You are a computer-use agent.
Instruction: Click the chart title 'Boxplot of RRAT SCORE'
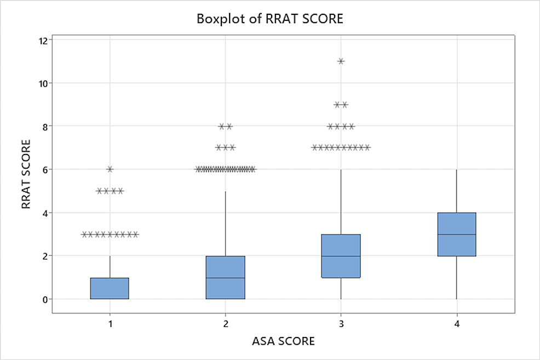point(269,19)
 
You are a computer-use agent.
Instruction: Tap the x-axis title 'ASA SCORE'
point(283,341)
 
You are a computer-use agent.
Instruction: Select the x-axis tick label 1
point(110,324)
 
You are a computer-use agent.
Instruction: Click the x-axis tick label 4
point(456,324)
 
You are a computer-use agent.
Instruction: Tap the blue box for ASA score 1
point(110,288)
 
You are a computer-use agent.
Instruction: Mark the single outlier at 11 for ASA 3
point(341,61)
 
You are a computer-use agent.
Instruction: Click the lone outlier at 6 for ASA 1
point(110,169)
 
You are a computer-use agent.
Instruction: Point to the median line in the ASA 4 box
point(456,235)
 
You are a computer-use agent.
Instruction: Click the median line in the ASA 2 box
point(226,278)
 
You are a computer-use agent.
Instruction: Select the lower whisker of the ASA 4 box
point(456,277)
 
